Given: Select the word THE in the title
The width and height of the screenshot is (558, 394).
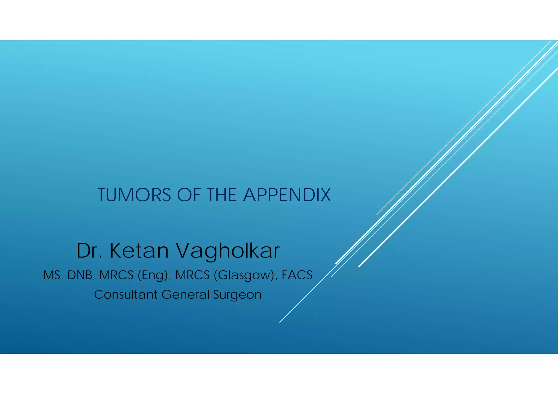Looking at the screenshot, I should pyautogui.click(x=222, y=195).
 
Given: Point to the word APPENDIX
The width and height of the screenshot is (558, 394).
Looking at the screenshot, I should pyautogui.click(x=287, y=195).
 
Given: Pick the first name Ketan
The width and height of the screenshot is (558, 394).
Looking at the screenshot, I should pyautogui.click(x=139, y=250).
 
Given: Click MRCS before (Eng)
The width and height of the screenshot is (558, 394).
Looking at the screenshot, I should pyautogui.click(x=116, y=275).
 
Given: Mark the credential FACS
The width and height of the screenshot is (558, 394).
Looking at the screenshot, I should pyautogui.click(x=297, y=275).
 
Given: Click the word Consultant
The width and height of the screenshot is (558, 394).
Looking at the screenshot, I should pyautogui.click(x=126, y=295).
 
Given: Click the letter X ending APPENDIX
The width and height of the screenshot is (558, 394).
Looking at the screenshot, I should pyautogui.click(x=325, y=195).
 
